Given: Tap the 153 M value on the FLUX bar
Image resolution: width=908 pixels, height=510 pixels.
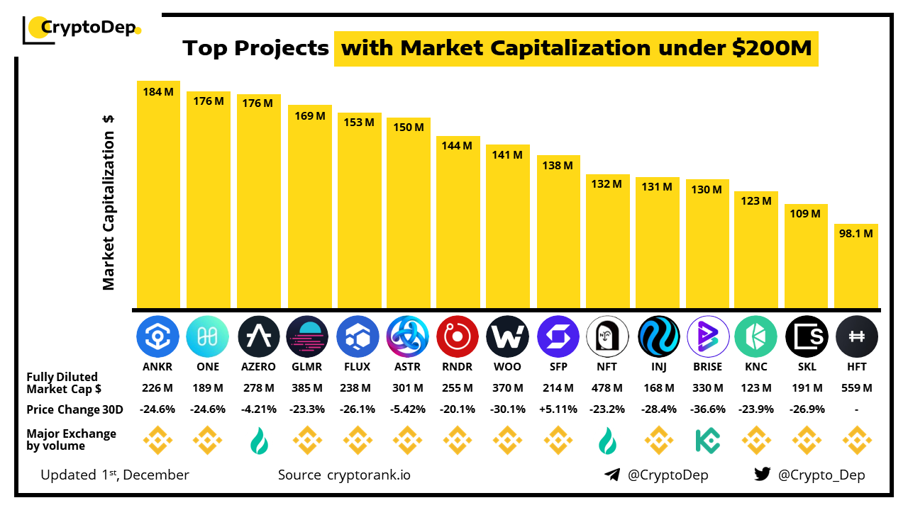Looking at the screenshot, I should point(358,123).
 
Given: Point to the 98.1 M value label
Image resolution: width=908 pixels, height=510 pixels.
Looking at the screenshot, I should point(856,233).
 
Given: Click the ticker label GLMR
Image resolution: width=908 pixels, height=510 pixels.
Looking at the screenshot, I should point(308,367).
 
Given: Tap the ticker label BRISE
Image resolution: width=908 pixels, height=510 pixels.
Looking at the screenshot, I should point(707,367).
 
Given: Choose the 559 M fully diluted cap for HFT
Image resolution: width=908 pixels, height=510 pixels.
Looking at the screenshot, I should point(857,388).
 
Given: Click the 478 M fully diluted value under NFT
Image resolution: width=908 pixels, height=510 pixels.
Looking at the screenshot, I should point(608,388).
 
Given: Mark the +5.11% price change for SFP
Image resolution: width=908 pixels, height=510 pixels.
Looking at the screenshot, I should point(558,409).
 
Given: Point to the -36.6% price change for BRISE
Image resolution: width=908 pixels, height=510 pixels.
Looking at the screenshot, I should point(707,409).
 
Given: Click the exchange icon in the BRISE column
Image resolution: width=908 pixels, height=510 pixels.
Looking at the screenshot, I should point(707,440).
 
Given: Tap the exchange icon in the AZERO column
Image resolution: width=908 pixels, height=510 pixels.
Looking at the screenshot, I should point(258,441).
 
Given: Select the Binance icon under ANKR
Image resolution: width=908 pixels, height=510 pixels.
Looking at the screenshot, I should point(158,440).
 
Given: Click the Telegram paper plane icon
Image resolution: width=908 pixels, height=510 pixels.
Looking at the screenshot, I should point(612,475).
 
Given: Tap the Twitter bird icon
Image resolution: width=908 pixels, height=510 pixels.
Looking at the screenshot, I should point(763,475).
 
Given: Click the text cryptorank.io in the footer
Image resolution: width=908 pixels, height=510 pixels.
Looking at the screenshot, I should point(368,475).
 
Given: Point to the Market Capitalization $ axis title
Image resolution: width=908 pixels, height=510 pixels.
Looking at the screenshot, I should point(109,202).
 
